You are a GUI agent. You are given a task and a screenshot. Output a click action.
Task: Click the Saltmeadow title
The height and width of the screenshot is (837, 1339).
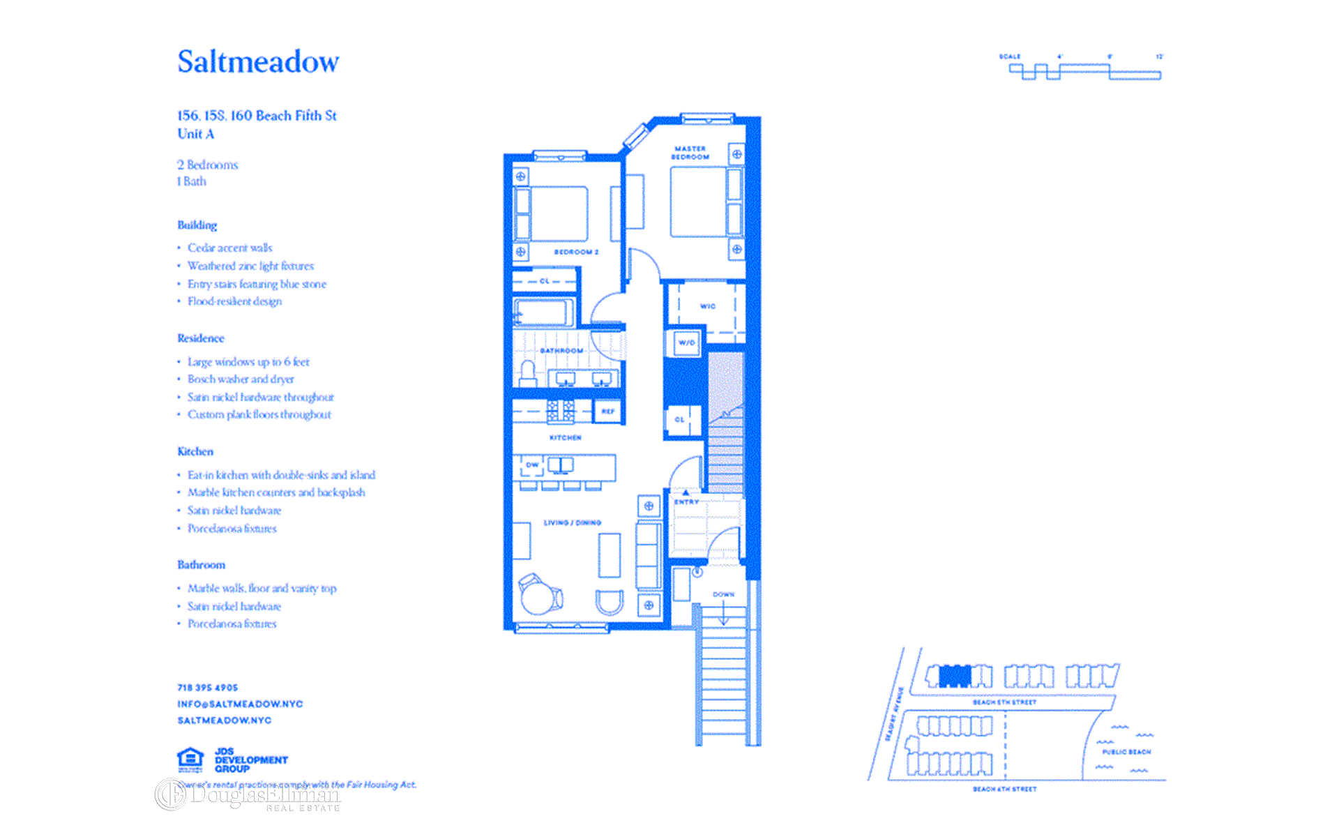coord(258,61)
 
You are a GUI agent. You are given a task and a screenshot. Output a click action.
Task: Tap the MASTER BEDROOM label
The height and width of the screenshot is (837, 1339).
coord(690,153)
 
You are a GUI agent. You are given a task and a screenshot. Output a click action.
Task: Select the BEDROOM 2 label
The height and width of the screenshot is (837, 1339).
coord(576,252)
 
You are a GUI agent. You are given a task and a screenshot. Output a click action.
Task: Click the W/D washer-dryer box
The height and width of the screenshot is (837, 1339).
coord(686,342)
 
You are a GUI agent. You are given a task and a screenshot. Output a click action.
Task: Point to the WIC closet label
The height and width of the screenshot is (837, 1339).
coord(707,306)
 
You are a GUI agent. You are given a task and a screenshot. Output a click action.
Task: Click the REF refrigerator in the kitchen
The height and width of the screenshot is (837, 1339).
coord(608,411)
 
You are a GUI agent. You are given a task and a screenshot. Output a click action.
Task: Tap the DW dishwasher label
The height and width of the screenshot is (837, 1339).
coord(532,465)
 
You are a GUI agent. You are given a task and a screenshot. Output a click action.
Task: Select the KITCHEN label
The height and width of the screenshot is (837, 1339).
coord(565,437)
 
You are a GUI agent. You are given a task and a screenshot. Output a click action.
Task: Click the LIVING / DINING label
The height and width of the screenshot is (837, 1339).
coord(572,522)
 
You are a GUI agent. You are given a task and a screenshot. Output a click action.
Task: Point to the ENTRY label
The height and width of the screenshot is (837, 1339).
coord(686,502)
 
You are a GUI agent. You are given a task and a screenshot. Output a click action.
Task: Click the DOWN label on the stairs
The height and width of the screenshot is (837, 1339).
coord(723,594)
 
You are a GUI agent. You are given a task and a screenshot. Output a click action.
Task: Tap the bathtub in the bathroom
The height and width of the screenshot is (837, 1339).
coord(544,312)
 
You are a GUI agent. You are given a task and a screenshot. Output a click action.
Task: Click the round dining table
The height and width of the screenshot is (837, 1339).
coord(537,598)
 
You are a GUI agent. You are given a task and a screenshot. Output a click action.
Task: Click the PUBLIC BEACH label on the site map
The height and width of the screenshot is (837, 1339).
coord(1126,752)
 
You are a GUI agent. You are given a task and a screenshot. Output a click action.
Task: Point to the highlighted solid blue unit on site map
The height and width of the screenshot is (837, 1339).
coord(954,676)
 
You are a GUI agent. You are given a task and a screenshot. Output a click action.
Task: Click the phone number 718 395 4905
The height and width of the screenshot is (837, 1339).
coord(207,687)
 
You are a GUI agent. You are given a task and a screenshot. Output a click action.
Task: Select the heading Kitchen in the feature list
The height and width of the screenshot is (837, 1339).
coord(195,451)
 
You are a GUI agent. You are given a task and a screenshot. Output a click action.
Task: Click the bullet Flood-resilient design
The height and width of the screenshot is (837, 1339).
coord(234,301)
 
